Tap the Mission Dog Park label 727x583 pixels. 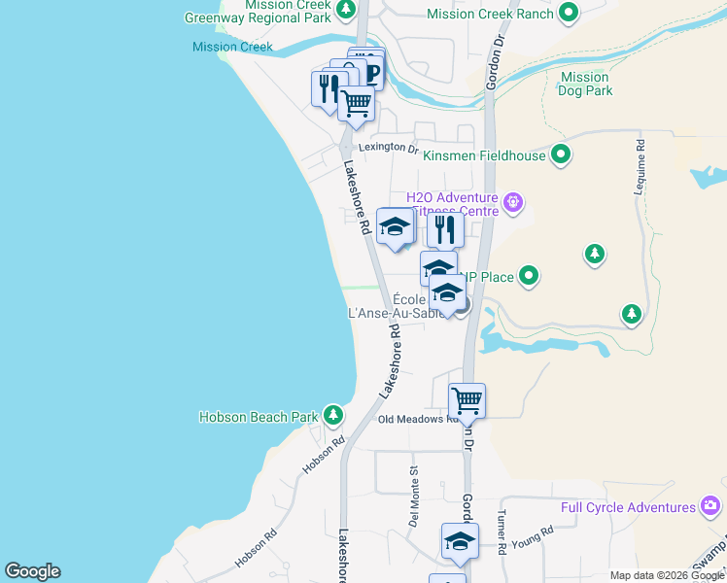click(x=585, y=84)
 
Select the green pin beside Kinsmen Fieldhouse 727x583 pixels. click(x=561, y=154)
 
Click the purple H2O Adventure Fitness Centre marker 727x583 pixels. click(x=514, y=204)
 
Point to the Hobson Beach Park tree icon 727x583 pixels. click(x=333, y=416)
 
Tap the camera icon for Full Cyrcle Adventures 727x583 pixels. click(x=711, y=506)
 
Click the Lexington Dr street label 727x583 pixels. click(x=388, y=149)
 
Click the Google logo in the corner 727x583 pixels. click(x=32, y=571)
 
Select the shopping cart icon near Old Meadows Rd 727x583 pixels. click(x=467, y=399)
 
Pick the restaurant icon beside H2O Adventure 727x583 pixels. click(x=445, y=229)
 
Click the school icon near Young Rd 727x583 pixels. click(x=460, y=540)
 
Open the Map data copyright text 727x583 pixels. click(x=666, y=575)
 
